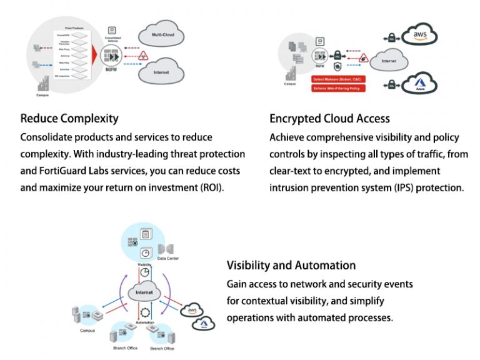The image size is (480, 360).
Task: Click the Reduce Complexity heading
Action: pos(69,118)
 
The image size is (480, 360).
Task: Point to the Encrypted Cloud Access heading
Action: pos(329,118)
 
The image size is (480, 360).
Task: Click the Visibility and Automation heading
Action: pos(291,266)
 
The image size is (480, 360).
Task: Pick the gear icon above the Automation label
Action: pos(146,312)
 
